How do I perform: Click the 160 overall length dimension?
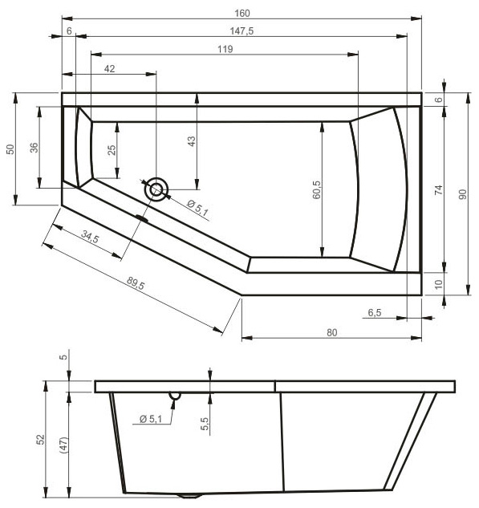click(x=242, y=14)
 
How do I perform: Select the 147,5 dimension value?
click(x=242, y=31)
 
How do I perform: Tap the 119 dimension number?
click(x=225, y=49)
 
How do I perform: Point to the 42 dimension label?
click(x=109, y=69)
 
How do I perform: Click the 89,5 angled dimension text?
click(x=136, y=283)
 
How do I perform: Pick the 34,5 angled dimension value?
click(x=90, y=237)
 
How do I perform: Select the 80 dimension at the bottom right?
click(x=332, y=333)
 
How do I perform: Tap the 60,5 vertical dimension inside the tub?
click(x=316, y=189)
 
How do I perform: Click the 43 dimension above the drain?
click(x=192, y=141)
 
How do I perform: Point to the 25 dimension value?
click(x=112, y=150)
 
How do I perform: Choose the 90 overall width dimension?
click(x=462, y=194)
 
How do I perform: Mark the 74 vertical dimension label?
click(x=438, y=190)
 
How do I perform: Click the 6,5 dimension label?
click(x=375, y=313)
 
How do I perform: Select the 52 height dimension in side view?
click(x=41, y=439)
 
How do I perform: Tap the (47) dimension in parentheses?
click(x=64, y=445)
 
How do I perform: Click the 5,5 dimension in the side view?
click(x=205, y=424)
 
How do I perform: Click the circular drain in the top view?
click(x=156, y=190)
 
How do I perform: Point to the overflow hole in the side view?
click(x=175, y=396)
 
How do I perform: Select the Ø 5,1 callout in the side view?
click(x=151, y=419)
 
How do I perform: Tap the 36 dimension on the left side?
click(x=34, y=148)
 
